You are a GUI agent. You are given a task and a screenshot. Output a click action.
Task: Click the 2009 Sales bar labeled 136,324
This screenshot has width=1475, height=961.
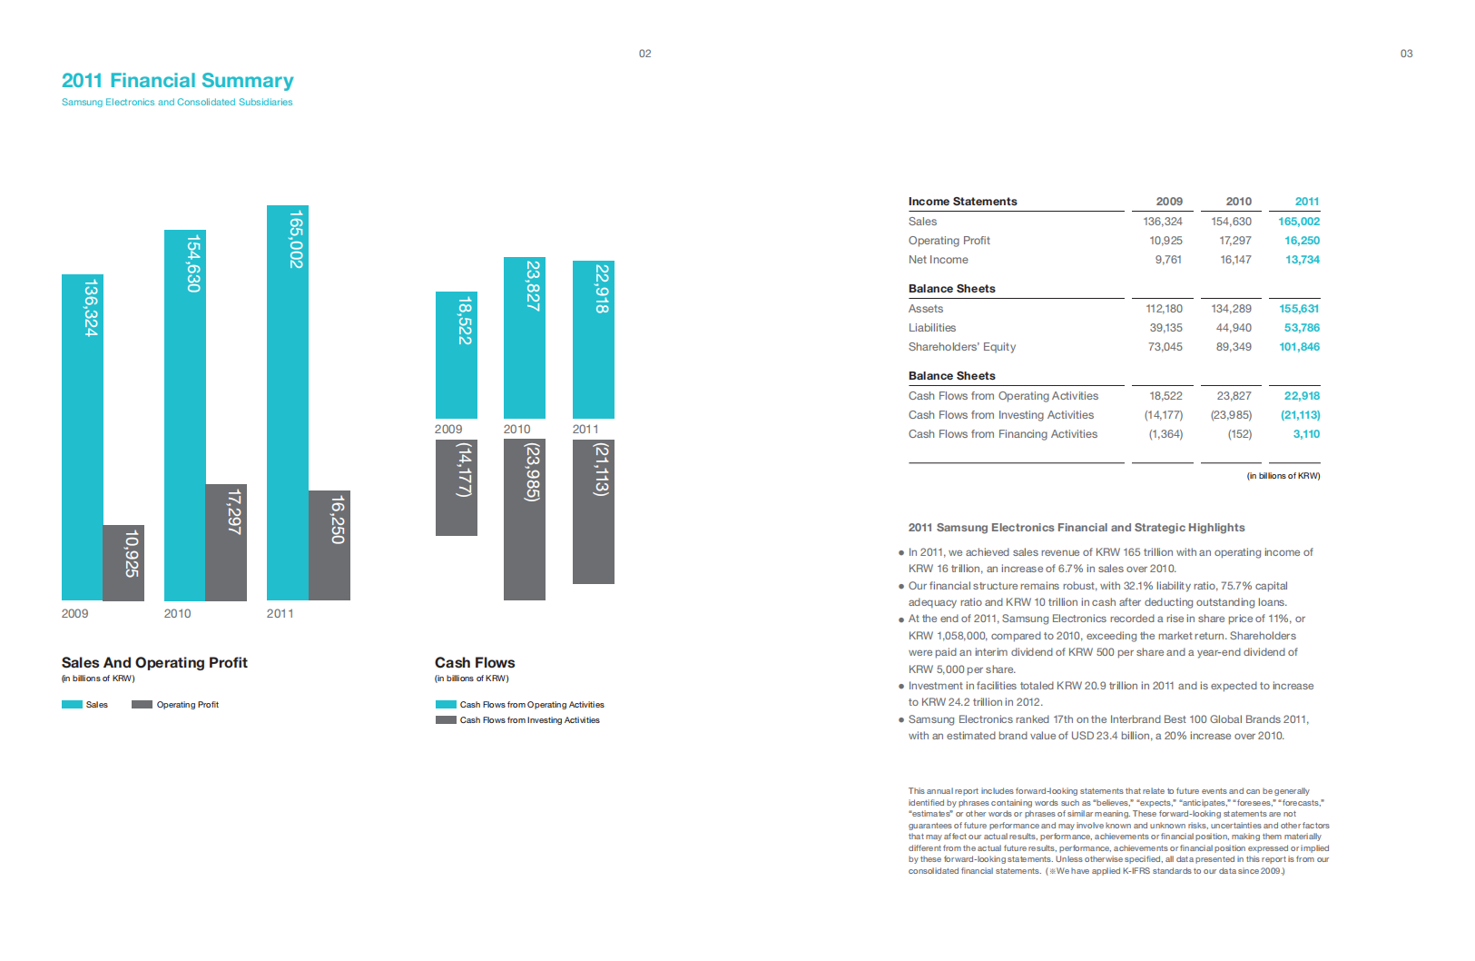(x=82, y=436)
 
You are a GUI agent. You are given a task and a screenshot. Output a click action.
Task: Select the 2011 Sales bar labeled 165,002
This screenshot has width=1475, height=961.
(x=287, y=402)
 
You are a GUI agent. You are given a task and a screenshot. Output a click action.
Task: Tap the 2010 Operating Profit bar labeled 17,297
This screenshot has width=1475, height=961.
(x=226, y=542)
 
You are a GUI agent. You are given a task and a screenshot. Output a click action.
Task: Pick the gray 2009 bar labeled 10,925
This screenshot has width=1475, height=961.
(x=123, y=562)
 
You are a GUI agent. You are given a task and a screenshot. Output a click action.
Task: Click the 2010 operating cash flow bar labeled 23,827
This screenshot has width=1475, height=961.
(x=525, y=337)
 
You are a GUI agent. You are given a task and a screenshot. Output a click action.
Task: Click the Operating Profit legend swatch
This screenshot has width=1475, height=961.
(x=142, y=705)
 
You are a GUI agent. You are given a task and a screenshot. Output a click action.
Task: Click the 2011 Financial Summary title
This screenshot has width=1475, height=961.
(x=178, y=81)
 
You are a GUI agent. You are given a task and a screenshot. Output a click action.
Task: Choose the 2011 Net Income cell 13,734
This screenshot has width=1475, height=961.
(x=1302, y=260)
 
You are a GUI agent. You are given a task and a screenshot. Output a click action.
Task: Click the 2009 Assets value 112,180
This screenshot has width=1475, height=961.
(x=1164, y=309)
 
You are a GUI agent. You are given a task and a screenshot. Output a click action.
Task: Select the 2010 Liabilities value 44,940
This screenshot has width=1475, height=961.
(x=1233, y=328)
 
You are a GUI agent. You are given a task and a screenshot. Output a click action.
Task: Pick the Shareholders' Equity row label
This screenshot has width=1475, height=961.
(x=961, y=347)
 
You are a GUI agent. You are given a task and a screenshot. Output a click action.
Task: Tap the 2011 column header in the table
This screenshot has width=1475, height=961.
(x=1306, y=202)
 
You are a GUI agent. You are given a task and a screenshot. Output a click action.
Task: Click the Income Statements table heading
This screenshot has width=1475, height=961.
(x=962, y=202)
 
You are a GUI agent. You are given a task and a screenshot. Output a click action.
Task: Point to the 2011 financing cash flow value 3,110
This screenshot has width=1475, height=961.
(x=1306, y=434)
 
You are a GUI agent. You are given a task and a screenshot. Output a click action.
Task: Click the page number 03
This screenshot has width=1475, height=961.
(x=1406, y=54)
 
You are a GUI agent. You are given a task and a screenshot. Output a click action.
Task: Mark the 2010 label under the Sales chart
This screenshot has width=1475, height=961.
(x=177, y=614)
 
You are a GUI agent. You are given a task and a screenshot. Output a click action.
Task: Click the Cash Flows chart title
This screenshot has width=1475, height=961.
(x=475, y=663)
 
